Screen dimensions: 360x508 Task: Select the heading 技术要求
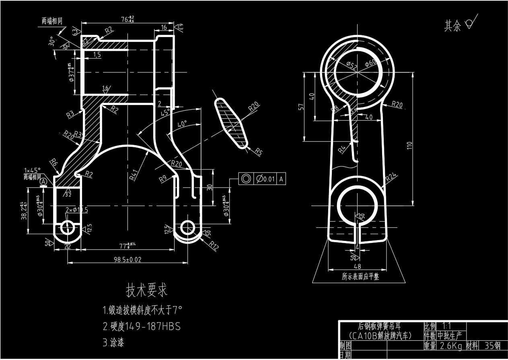coord(147,290)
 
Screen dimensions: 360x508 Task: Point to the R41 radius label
coord(135,175)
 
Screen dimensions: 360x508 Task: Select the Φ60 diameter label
coord(370,62)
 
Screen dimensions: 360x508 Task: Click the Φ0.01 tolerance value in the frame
coord(265,179)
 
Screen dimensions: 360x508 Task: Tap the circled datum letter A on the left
coord(44,182)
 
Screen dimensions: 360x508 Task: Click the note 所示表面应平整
coord(360,277)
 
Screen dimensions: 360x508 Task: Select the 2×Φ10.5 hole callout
coord(76,210)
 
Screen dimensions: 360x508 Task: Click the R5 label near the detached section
coord(258,152)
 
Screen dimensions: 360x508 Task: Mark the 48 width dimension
coord(357,266)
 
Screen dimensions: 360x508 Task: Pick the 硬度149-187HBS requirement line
coord(142,326)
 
